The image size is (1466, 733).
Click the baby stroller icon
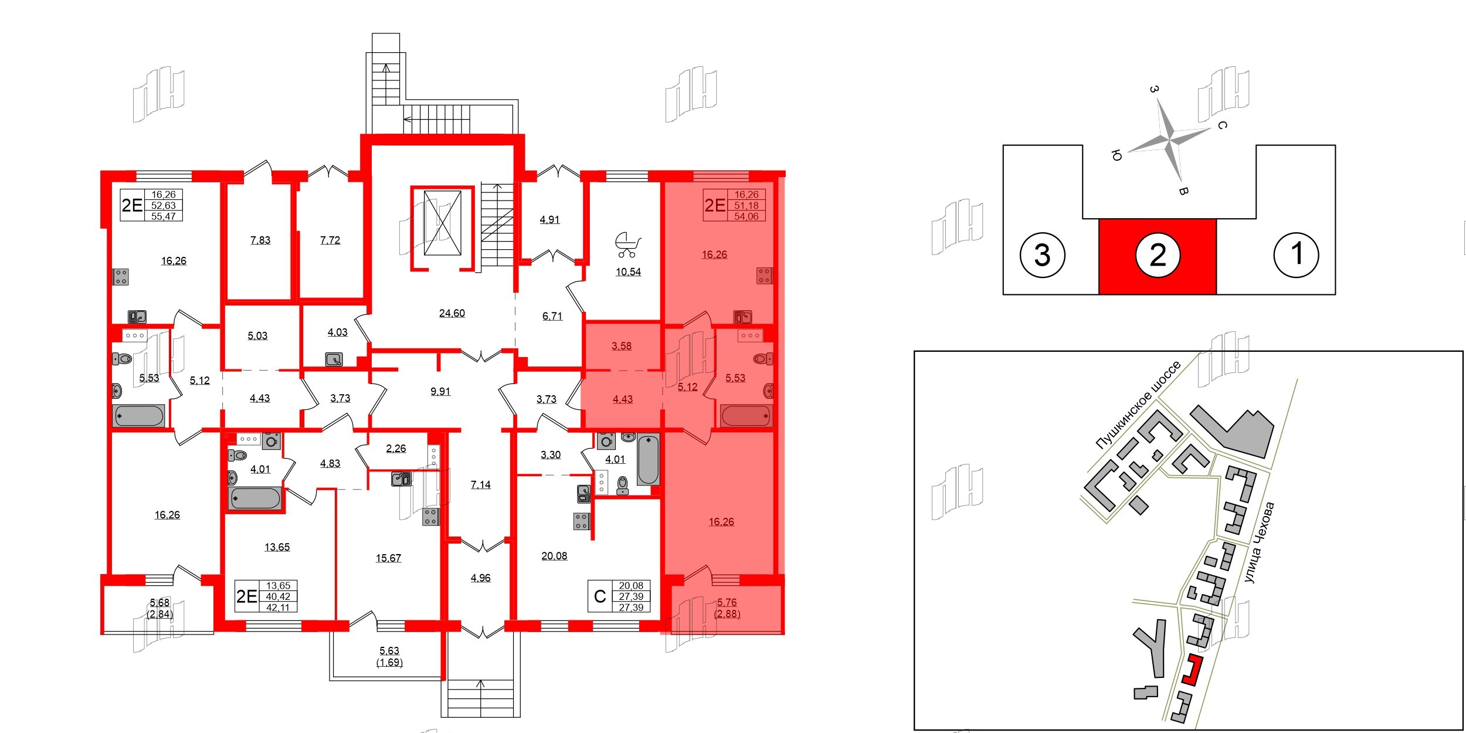627,245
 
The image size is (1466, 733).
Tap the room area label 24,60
452,313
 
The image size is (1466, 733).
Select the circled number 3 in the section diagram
1042,255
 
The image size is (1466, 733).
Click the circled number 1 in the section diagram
1296,254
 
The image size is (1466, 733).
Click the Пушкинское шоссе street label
1138,405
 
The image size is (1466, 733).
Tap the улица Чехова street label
1259,542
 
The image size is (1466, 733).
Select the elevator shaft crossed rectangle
442,223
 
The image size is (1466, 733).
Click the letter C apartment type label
599,596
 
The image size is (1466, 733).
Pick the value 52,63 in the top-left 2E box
163,205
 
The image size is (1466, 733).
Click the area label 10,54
627,272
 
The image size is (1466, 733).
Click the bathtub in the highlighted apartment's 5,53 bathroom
745,416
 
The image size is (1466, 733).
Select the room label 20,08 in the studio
554,556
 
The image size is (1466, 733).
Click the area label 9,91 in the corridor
440,392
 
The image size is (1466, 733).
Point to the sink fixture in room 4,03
334,358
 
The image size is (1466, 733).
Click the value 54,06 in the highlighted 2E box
746,216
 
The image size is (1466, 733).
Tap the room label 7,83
260,240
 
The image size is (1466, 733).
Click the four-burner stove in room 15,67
430,517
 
